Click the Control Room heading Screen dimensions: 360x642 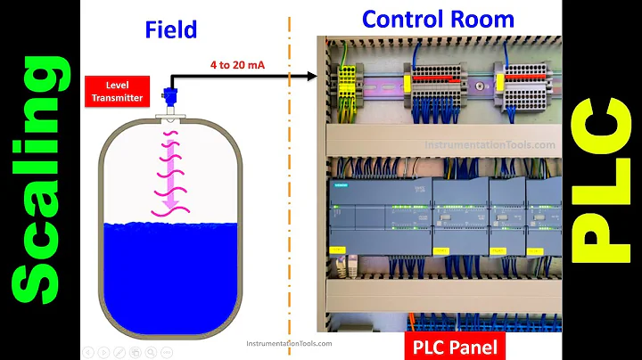(438, 19)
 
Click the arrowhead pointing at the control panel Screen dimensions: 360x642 (311, 77)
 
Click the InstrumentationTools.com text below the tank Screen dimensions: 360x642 (288, 343)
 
